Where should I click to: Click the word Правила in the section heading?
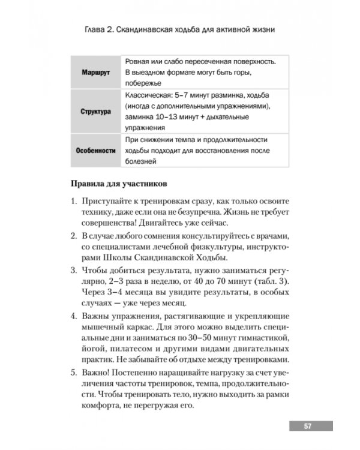pos(89,182)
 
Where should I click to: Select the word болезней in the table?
pos(142,161)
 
